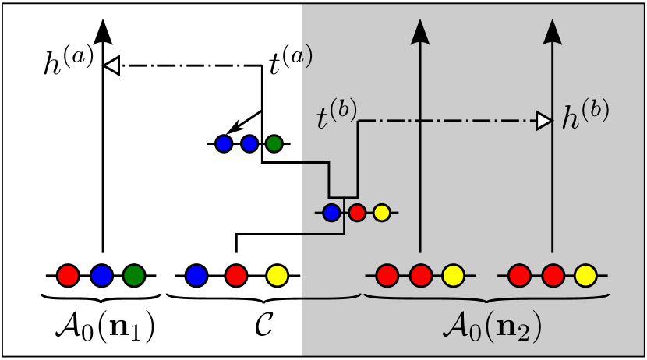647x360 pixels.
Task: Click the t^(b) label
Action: coord(336,117)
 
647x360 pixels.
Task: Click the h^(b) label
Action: coord(585,117)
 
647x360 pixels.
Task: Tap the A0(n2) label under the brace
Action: coord(490,326)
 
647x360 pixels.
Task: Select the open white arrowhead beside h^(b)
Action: coord(543,121)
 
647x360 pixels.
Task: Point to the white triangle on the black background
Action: coord(112,66)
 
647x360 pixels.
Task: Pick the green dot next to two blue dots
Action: coord(274,143)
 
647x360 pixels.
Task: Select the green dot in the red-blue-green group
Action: coord(134,275)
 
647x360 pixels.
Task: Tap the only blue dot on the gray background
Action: coord(331,212)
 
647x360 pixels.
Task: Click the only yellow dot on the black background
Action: coord(277,275)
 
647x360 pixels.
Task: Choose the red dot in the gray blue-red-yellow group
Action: coord(356,212)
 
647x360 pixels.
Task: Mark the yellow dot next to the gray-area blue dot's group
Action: coord(381,212)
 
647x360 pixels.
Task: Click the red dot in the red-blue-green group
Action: coord(68,275)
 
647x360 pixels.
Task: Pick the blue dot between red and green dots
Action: coord(102,275)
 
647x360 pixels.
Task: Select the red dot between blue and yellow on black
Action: coord(236,275)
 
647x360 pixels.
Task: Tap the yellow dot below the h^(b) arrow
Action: coord(585,275)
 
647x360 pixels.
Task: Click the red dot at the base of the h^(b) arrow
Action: coord(553,275)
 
